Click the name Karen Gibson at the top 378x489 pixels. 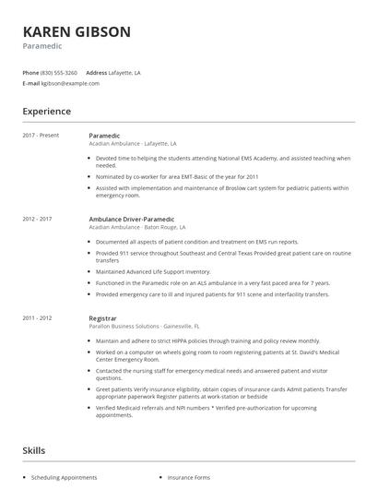pyautogui.click(x=77, y=31)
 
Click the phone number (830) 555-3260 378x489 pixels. pyautogui.click(x=58, y=72)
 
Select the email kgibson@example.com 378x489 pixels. pyautogui.click(x=72, y=83)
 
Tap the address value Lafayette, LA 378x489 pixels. pyautogui.click(x=125, y=72)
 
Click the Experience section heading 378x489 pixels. pyautogui.click(x=47, y=112)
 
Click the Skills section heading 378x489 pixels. pyautogui.click(x=35, y=450)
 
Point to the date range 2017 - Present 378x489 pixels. pyautogui.click(x=41, y=136)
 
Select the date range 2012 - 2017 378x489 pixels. pyautogui.click(x=38, y=219)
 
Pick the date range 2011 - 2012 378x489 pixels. pyautogui.click(x=38, y=317)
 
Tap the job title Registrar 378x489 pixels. pyautogui.click(x=103, y=317)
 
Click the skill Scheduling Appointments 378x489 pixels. pyautogui.click(x=64, y=478)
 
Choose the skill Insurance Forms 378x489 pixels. pyautogui.click(x=188, y=478)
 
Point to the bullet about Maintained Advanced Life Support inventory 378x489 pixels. pyautogui.click(x=153, y=272)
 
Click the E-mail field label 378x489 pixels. pyautogui.click(x=30, y=83)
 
